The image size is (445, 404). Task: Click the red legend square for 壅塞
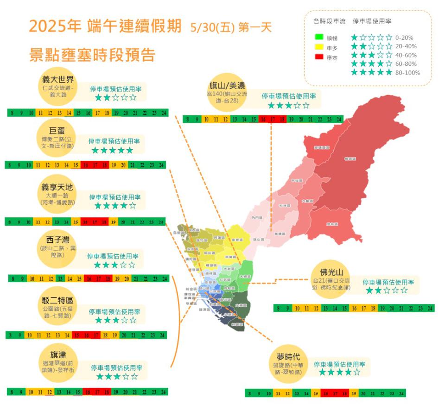318,57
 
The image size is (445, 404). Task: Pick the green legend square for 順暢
318,37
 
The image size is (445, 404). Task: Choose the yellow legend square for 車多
318,47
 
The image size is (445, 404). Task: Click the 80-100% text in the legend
409,73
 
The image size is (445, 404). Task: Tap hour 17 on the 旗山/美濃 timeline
273,120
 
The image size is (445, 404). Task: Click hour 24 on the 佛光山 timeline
430,308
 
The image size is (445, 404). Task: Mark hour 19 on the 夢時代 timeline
354,393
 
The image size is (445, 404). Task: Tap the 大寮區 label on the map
241,305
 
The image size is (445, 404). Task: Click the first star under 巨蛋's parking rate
96,151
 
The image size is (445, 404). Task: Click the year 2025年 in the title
55,26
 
